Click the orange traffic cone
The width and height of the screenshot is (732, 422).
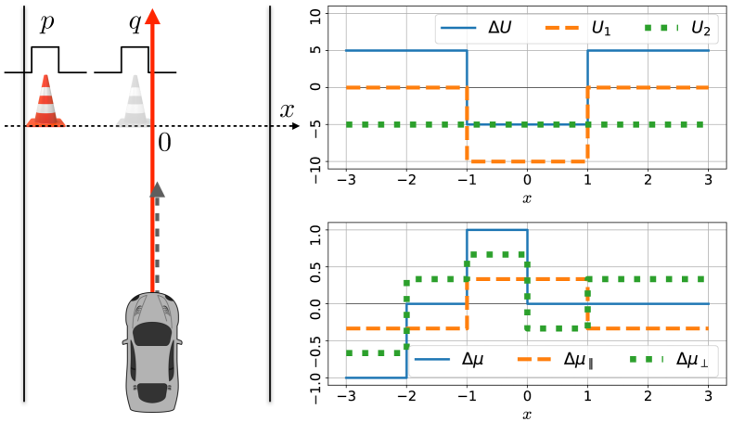click(x=45, y=101)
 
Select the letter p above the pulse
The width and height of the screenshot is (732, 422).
click(x=45, y=25)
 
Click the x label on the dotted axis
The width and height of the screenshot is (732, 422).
click(x=288, y=109)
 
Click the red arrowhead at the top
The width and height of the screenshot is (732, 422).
click(x=154, y=15)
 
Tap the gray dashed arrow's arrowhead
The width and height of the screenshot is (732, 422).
click(x=157, y=190)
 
